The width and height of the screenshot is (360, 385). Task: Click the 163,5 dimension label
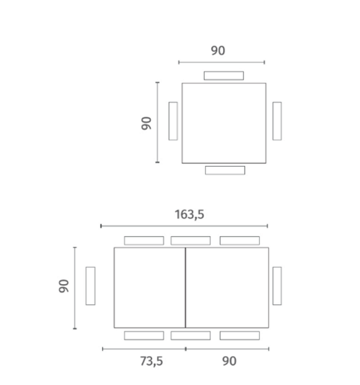[189, 215]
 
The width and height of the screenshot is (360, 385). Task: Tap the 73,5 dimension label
[152, 361]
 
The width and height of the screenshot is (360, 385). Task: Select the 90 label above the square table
[218, 50]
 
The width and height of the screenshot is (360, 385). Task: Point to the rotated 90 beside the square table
[147, 123]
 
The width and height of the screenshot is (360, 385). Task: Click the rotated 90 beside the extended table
[64, 286]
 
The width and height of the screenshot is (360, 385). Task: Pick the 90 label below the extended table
[229, 361]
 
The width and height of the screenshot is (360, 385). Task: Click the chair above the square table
[224, 76]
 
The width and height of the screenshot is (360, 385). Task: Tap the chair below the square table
[225, 170]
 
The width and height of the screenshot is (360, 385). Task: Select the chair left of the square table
[173, 121]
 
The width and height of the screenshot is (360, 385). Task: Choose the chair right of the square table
[277, 121]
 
